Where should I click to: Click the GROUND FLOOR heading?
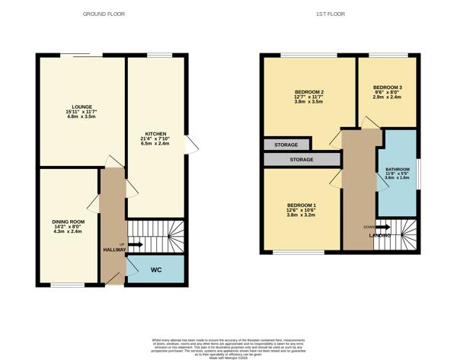pos(105,14)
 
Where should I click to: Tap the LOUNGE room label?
pos(81,107)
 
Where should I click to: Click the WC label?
pos(155,269)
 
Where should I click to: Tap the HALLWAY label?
pos(114,250)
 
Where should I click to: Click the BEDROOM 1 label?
pos(302,205)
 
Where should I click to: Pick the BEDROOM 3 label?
pos(387,88)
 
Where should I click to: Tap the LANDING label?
pos(381,235)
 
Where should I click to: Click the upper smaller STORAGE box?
pos(286,144)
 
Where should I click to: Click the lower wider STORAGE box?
pos(301,160)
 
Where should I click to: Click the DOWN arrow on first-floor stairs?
pos(381,227)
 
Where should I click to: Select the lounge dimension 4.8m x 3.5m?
pos(81,117)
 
